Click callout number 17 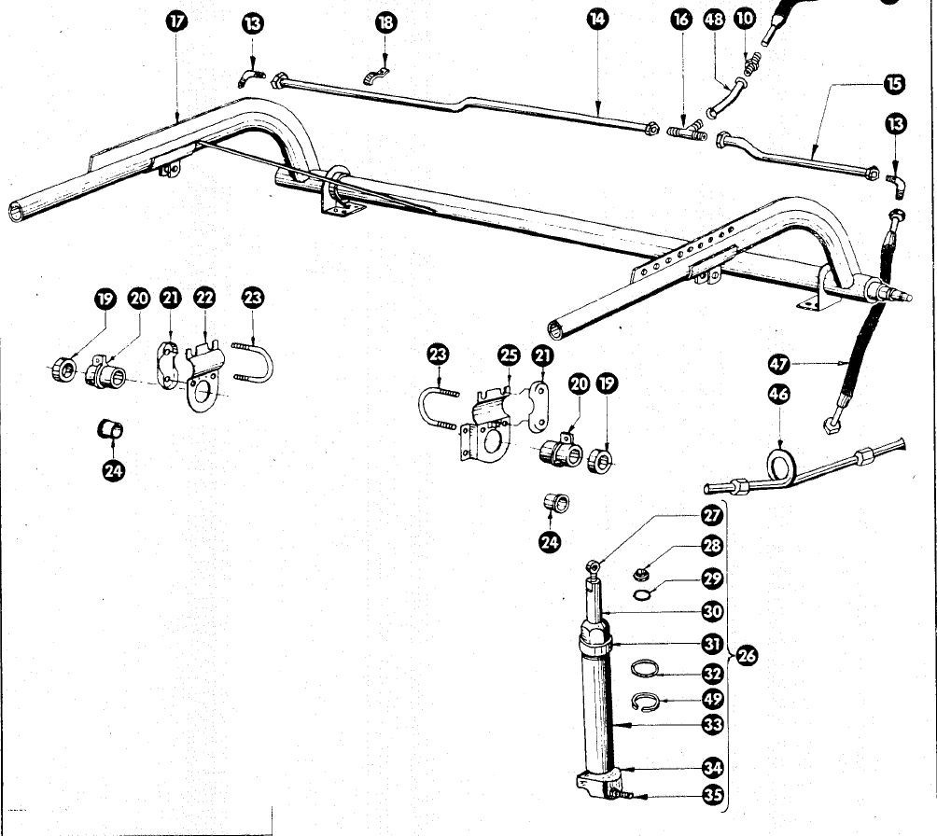[176, 21]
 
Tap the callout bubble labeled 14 [597, 19]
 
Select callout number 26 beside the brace [747, 656]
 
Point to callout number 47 [778, 363]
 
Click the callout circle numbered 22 [204, 297]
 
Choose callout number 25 [509, 355]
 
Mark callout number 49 [712, 699]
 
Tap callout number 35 [712, 795]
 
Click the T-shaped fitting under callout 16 [687, 131]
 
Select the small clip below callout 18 [376, 76]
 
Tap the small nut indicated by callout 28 [641, 574]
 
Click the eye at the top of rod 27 [593, 565]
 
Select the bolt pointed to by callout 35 [621, 794]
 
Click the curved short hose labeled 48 [726, 96]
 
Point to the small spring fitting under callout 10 [751, 63]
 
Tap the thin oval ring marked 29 [643, 593]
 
